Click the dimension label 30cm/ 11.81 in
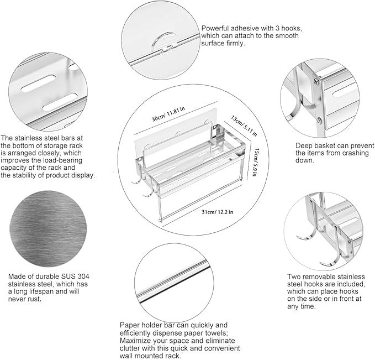pyautogui.click(x=168, y=114)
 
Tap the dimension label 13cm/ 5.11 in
pyautogui.click(x=244, y=126)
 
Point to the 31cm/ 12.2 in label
pyautogui.click(x=218, y=212)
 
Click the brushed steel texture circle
pyautogui.click(x=48, y=229)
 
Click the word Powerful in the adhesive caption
pyautogui.click(x=214, y=28)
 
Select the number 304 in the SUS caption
pyautogui.click(x=83, y=276)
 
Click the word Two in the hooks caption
pyautogui.click(x=293, y=276)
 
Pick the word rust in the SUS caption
pyautogui.click(x=34, y=299)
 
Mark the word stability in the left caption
pyautogui.click(x=23, y=175)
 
